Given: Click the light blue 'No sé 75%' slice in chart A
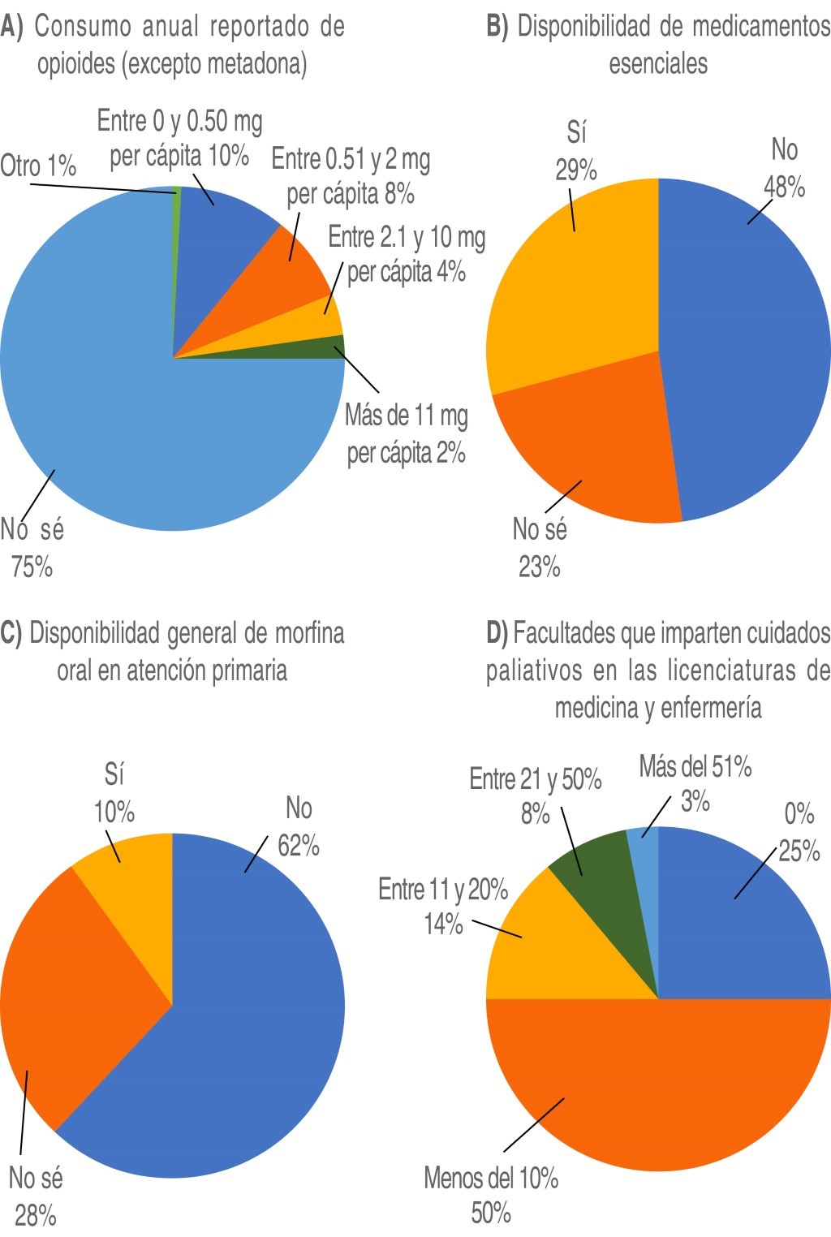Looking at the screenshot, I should (x=122, y=406).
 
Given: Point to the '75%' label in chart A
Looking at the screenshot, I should (x=32, y=567).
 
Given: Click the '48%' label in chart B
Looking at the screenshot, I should (x=784, y=187).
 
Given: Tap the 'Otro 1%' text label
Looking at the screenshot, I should (x=38, y=166).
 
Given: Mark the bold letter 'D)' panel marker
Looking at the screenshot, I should (x=497, y=633).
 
